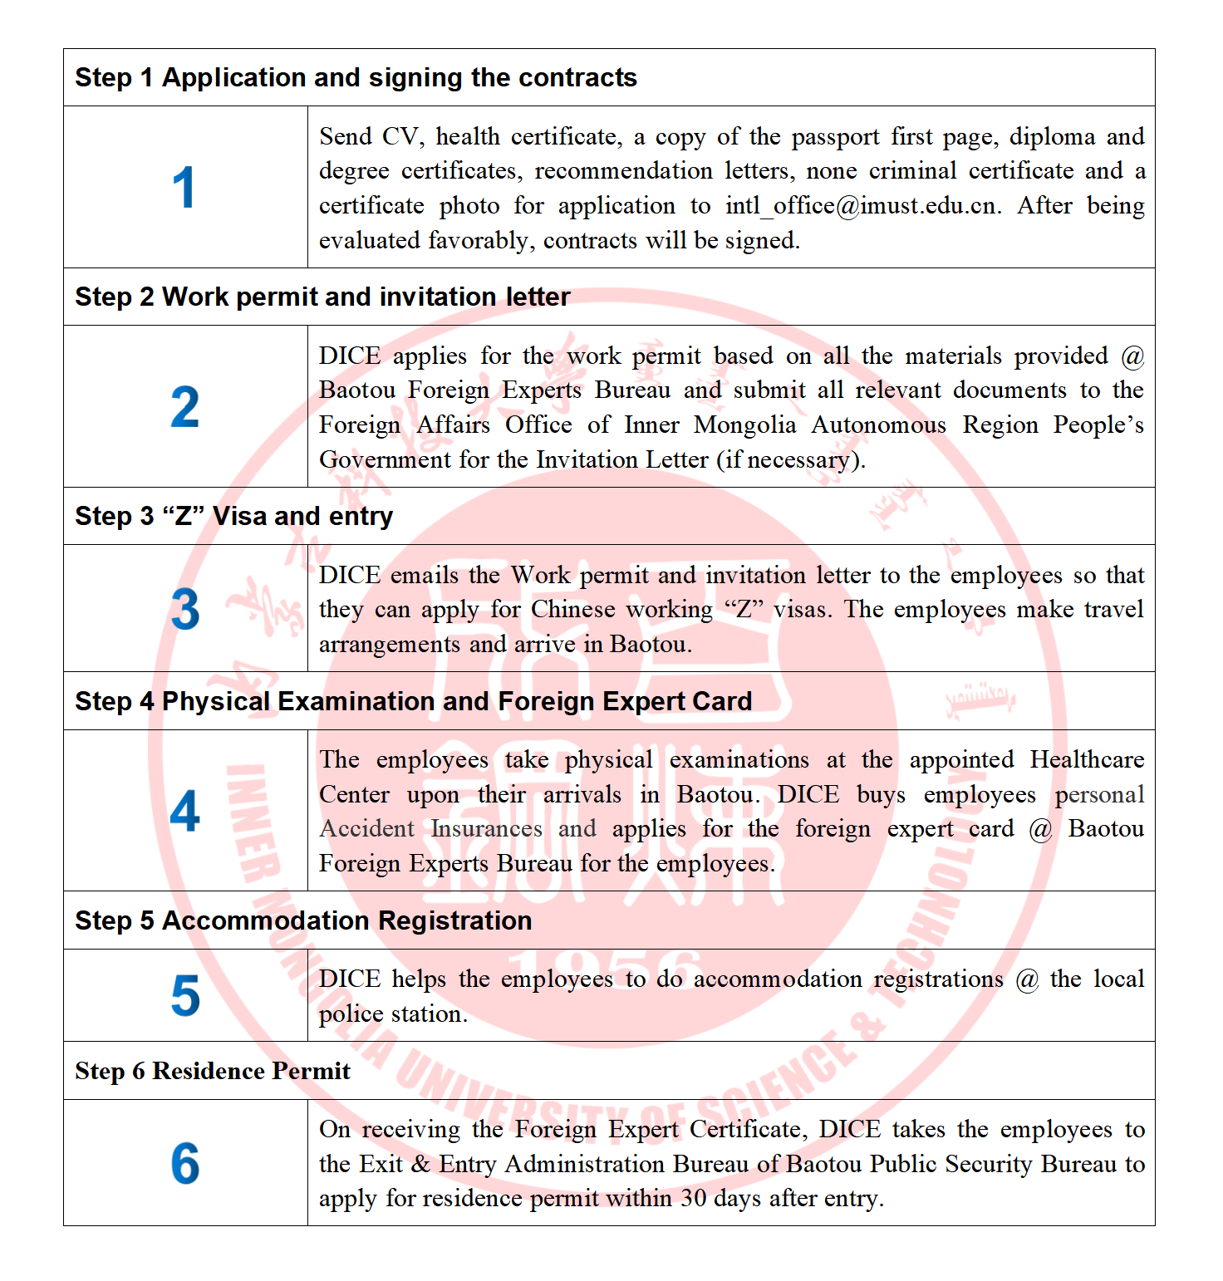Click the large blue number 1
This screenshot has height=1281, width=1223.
[184, 187]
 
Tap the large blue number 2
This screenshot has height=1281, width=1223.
[184, 407]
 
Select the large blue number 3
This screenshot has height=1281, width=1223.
[184, 609]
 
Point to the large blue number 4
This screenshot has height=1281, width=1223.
[184, 811]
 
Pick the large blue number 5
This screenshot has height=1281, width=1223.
[184, 995]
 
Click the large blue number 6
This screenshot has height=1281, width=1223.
[184, 1163]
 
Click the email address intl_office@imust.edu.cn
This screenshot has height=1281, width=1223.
[862, 206]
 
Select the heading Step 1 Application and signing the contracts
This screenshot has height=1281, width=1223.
[356, 78]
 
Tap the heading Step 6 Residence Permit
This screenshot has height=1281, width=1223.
[212, 1071]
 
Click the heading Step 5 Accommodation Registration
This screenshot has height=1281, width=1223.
[303, 920]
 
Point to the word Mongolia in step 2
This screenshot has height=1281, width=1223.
[745, 425]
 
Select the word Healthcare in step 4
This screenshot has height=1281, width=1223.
[1087, 759]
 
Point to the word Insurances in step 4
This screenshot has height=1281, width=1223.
[486, 829]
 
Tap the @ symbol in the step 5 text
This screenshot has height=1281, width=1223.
[1028, 979]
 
